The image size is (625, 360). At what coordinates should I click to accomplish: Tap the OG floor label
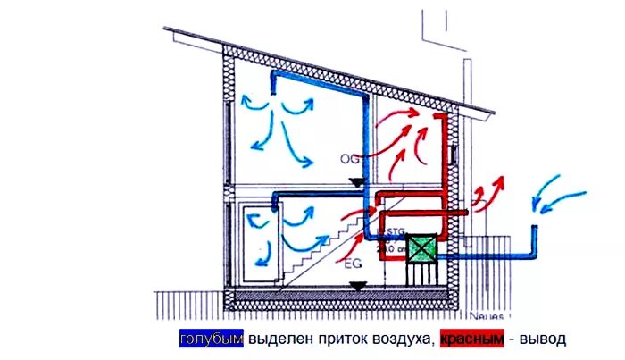coord(349,158)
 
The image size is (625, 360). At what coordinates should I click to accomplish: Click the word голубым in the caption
coord(211,339)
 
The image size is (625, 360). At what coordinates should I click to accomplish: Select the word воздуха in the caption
coord(404,339)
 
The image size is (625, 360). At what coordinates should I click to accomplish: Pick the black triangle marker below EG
coord(357,287)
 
